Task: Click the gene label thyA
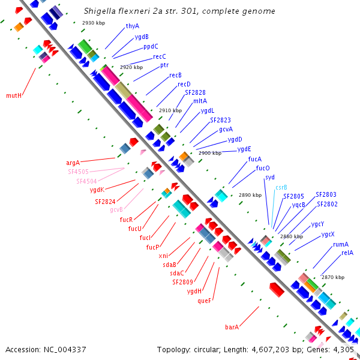[x=133, y=26]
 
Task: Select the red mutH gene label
[x=14, y=95]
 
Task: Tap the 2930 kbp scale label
[x=94, y=23]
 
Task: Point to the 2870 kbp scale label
[x=333, y=277]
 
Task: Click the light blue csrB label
[x=281, y=188]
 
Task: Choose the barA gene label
[x=232, y=327]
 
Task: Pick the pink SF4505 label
[x=78, y=172]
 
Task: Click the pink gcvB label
[x=116, y=209]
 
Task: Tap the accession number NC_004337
[x=65, y=350]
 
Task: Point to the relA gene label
[x=347, y=253]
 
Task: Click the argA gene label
[x=73, y=163]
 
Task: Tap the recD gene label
[x=184, y=84]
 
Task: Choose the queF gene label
[x=204, y=301]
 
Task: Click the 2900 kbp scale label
[x=210, y=153]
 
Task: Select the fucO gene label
[x=263, y=168]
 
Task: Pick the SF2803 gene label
[x=326, y=194]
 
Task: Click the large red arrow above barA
[x=277, y=290]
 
